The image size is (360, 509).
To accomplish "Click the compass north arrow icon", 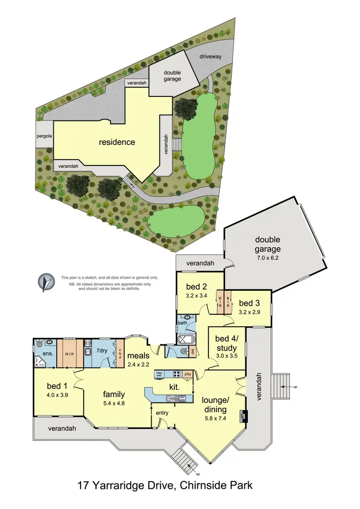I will click(46, 283).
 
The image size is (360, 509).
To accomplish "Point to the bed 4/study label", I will click(226, 343).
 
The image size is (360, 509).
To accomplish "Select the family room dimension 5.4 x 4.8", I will click(114, 403).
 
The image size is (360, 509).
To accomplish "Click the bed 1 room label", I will click(54, 386).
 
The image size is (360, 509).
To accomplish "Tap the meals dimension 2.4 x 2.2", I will click(138, 364).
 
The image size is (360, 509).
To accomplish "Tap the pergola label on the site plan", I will click(44, 136).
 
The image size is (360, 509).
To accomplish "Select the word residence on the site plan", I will click(117, 142).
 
